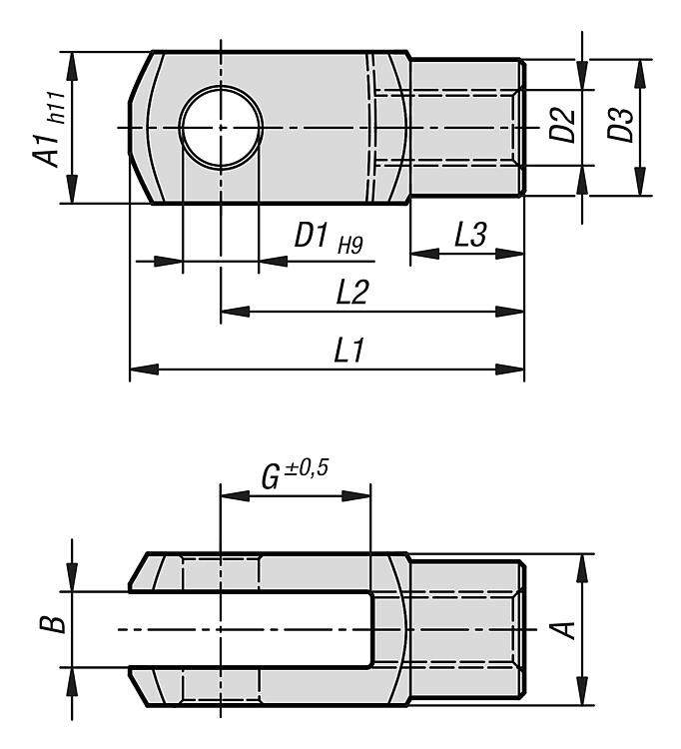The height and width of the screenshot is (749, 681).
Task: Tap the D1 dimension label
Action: (x=313, y=236)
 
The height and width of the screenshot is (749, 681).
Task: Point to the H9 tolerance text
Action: (x=350, y=243)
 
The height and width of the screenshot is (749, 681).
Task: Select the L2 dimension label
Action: (x=353, y=293)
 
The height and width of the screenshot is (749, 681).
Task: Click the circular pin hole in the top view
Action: (x=221, y=128)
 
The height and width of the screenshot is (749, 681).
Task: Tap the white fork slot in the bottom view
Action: (x=250, y=628)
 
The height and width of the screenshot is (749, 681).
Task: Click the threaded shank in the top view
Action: (x=467, y=128)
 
